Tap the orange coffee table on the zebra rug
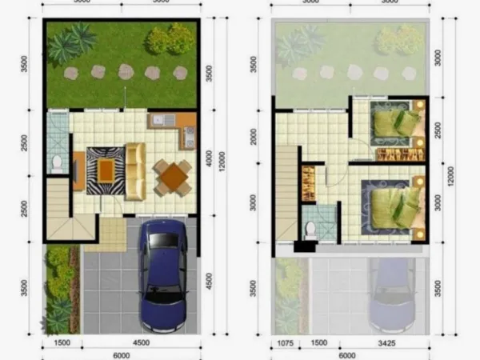click(x=106, y=167)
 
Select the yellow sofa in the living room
click(x=135, y=169)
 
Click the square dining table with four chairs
click(x=172, y=177)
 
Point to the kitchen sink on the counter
click(x=160, y=121)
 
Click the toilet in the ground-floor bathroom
click(x=56, y=164)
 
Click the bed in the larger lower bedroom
click(x=393, y=203)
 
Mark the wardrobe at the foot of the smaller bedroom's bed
click(x=392, y=154)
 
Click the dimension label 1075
click(x=285, y=343)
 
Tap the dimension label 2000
click(x=254, y=138)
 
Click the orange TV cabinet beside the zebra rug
click(x=78, y=170)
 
